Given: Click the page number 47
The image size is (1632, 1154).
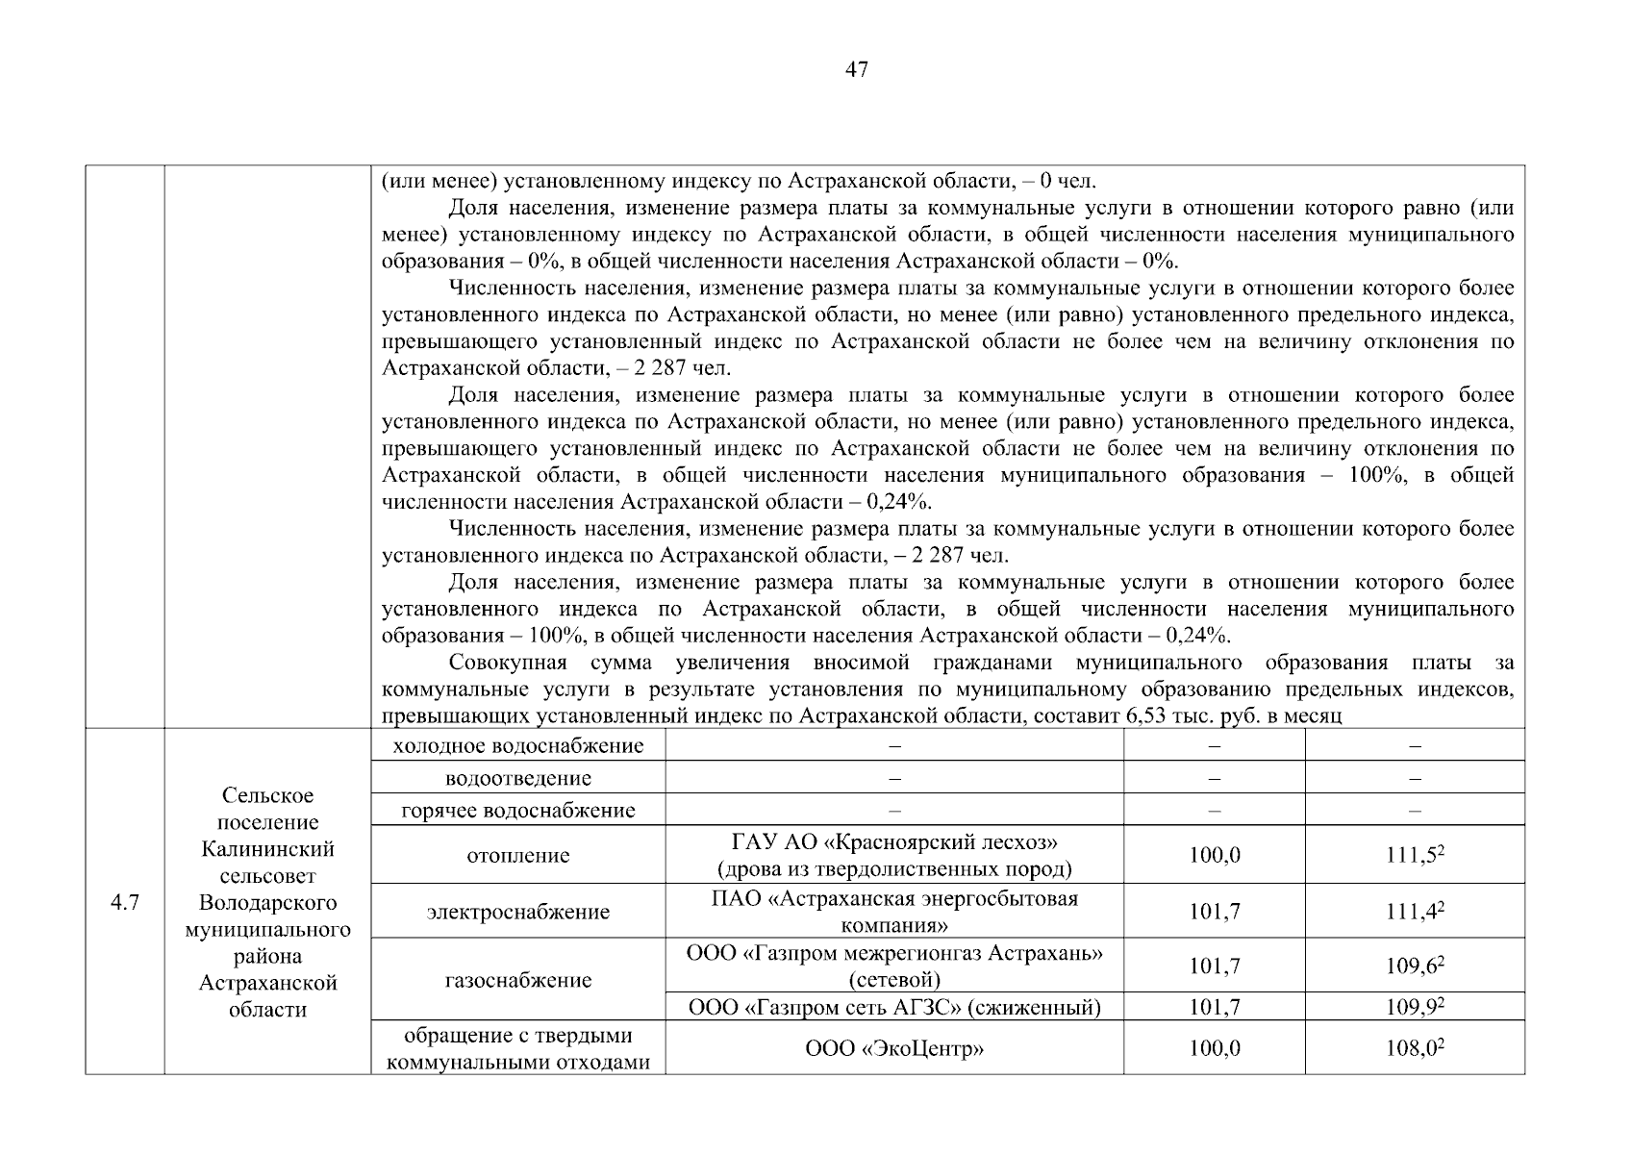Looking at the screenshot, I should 856,69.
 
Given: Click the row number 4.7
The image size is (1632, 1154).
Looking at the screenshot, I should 125,902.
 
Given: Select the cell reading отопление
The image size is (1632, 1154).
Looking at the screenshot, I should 517,855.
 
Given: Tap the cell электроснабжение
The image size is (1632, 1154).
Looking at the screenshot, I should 517,911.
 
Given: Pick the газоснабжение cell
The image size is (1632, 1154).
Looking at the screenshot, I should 517,979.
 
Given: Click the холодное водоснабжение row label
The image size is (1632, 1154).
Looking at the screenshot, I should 517,745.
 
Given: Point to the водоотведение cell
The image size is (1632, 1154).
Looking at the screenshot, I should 517,777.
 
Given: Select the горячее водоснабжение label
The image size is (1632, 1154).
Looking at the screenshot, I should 517,810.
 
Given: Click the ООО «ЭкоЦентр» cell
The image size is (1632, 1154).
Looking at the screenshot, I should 894,1048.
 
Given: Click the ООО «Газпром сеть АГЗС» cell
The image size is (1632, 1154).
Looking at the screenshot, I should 894,1007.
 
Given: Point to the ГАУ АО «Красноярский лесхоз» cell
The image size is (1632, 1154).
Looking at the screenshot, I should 894,855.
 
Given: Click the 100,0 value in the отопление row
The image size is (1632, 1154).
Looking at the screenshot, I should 1214,855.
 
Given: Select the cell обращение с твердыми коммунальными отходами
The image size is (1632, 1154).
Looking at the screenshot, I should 517,1048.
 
